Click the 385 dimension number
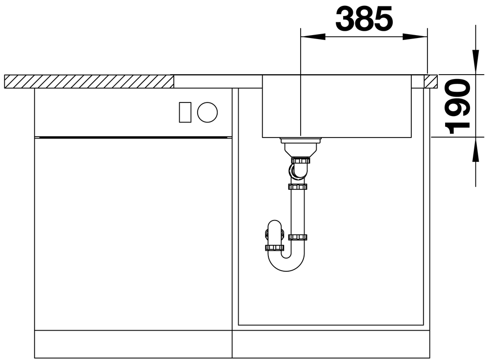pyautogui.click(x=364, y=19)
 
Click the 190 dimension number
pyautogui.click(x=457, y=106)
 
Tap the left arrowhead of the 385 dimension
pyautogui.click(x=313, y=37)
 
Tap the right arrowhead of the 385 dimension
pyautogui.click(x=415, y=37)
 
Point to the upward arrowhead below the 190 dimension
pyautogui.click(x=475, y=149)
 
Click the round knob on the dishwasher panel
pyautogui.click(x=207, y=112)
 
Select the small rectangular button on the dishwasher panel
pyautogui.click(x=185, y=112)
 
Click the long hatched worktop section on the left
pyautogui.click(x=89, y=81)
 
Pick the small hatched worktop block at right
pyautogui.click(x=431, y=81)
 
